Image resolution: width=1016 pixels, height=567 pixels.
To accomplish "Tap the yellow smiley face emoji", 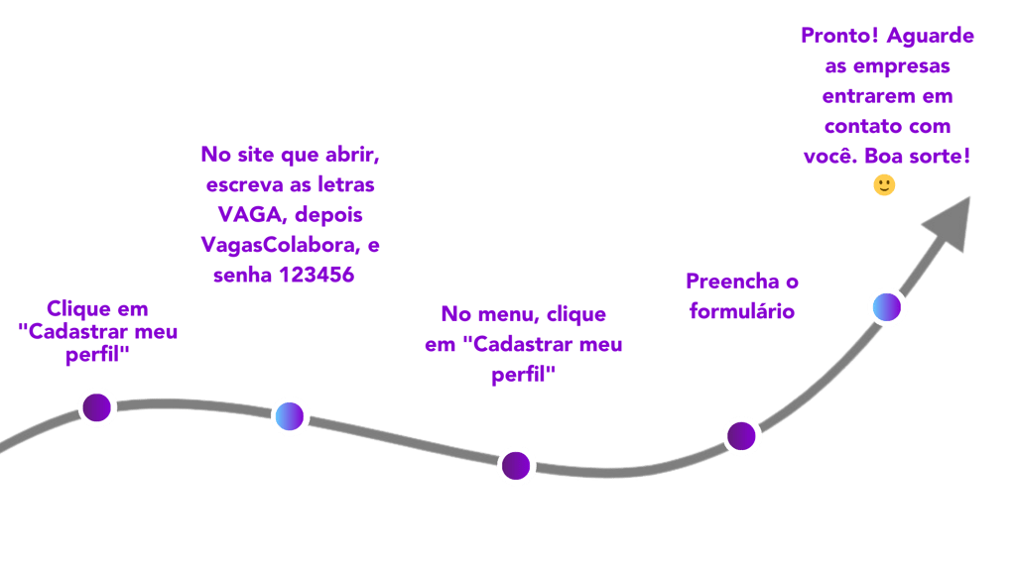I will point(884,185).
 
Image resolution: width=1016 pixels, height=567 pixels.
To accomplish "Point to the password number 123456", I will point(317,275).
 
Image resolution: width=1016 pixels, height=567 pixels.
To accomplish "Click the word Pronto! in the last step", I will point(839,37).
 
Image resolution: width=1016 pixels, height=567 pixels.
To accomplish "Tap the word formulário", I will point(740,310).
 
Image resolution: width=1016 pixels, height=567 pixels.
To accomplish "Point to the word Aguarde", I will point(931,37).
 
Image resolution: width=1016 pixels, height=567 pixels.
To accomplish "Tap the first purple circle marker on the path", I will point(97,406).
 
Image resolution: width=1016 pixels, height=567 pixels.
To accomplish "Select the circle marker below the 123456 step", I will point(290,415).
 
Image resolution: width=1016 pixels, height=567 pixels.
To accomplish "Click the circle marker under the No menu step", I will point(516,464).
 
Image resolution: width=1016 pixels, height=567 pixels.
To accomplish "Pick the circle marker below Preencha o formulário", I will point(741,435).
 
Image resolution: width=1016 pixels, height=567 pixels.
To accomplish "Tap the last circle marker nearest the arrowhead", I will point(887,307).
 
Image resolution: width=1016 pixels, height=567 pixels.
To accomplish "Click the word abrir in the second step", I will point(352,155).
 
